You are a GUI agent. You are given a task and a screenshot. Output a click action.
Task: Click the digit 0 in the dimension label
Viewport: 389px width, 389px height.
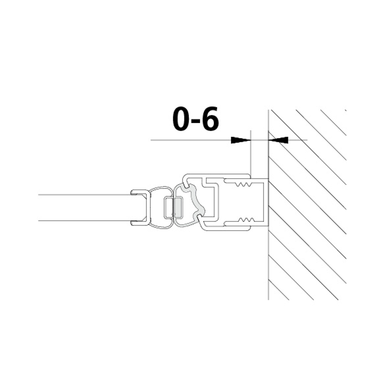(183, 119)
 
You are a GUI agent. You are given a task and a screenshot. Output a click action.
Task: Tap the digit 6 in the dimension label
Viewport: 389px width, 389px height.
(209, 119)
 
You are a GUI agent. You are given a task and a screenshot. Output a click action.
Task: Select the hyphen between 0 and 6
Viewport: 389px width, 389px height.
(196, 122)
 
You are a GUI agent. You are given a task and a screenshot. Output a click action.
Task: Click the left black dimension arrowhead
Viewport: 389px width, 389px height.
(240, 140)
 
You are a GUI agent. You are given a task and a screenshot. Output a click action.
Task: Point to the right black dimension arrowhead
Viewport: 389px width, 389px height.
(279, 140)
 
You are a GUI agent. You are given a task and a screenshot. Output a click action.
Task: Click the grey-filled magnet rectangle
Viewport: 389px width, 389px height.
(178, 208)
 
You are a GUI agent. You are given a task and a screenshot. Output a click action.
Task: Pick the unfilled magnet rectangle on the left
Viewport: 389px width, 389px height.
(169, 208)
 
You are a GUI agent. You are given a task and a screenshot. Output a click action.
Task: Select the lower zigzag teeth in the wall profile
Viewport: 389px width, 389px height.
(245, 220)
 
